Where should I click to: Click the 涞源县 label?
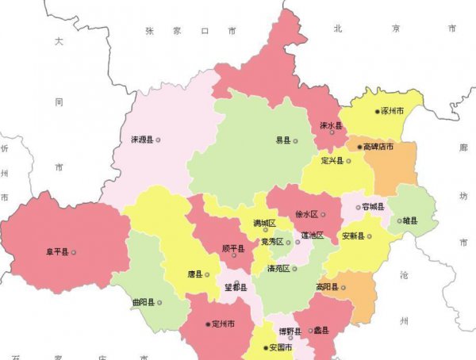142,140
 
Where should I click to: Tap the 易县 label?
282,140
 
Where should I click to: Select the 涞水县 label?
330,126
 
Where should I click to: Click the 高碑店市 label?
378,147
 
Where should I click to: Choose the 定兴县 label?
331,161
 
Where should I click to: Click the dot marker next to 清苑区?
295,269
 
